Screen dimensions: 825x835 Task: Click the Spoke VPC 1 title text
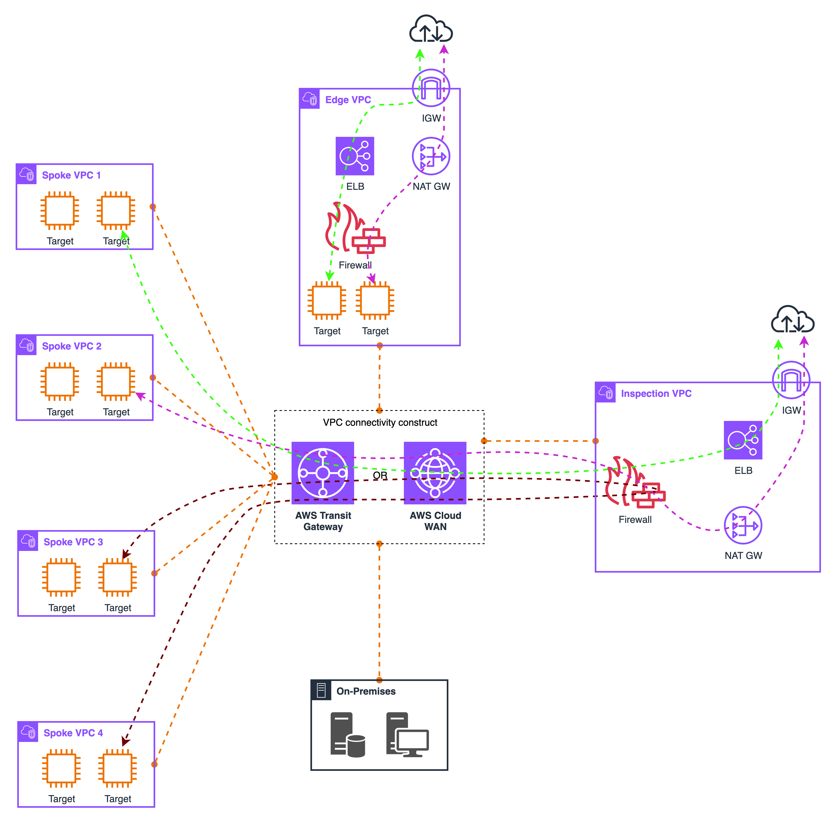coord(71,175)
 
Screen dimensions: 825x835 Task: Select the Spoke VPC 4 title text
coord(73,733)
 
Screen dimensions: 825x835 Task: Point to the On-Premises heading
coord(366,691)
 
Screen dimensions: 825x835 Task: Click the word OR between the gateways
coord(380,475)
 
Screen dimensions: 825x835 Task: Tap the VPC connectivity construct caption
coord(380,423)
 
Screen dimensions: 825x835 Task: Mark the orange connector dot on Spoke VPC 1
coord(153,207)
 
